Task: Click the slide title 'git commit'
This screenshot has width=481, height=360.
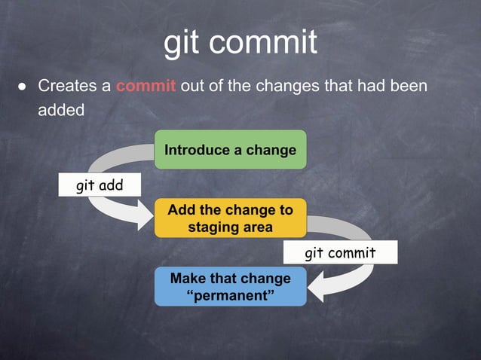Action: (240, 42)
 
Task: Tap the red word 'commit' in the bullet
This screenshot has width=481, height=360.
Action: (146, 86)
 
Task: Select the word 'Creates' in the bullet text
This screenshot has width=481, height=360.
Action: (68, 86)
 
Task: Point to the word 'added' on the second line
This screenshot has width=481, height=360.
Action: (60, 108)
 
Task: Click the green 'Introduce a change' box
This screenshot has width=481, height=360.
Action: (230, 149)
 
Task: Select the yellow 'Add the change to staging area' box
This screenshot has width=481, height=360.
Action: (230, 218)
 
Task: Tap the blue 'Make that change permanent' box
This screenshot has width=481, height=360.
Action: (230, 286)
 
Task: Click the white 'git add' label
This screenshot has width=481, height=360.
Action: (99, 185)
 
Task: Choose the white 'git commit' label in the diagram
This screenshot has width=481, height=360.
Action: (339, 252)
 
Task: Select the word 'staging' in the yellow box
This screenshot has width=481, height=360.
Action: (213, 227)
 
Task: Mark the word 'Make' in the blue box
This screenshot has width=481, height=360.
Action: (188, 278)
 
